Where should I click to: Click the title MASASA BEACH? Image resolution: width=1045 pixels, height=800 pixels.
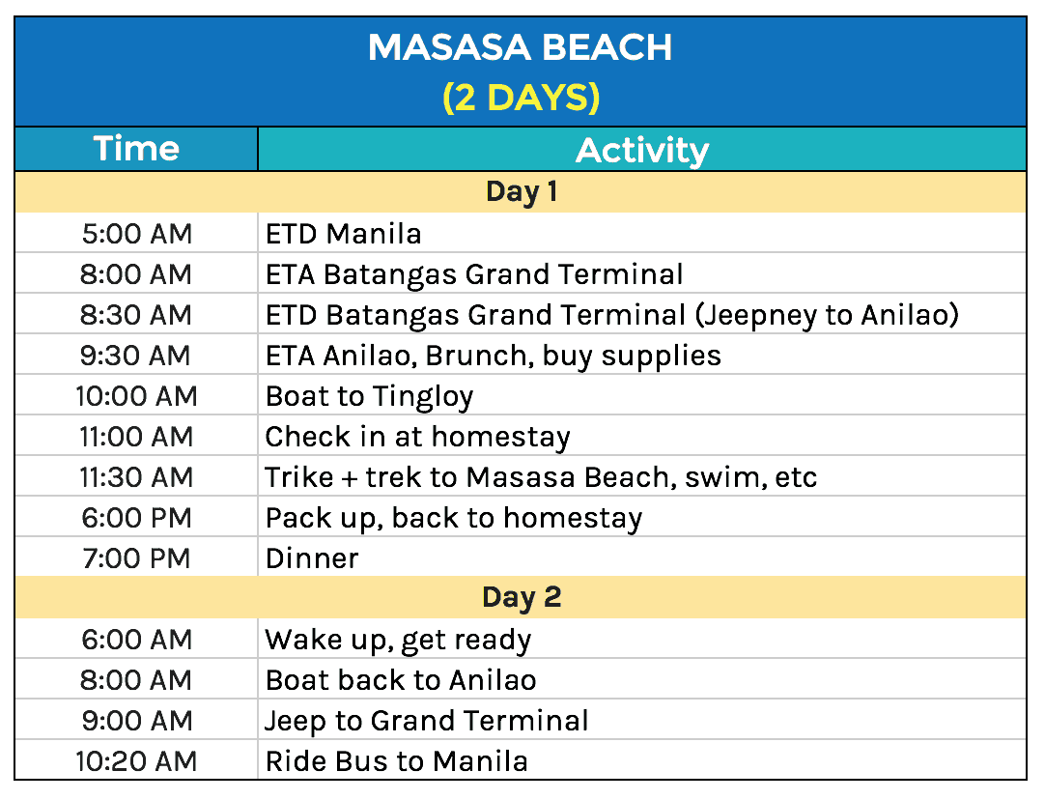521,48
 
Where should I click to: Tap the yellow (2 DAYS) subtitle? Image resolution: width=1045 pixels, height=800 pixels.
521,98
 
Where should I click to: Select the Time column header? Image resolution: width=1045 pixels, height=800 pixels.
136,149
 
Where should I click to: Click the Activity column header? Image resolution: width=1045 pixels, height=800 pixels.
642,151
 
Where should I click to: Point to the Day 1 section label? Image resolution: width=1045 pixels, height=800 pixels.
521,191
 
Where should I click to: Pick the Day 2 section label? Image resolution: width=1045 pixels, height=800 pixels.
521,597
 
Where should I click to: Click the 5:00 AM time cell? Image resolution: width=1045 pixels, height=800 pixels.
136,234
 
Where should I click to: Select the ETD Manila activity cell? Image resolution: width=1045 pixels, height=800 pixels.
344,234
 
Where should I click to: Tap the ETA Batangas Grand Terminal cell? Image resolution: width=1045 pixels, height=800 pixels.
474,274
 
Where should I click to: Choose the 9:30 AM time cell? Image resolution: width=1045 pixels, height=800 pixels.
136,356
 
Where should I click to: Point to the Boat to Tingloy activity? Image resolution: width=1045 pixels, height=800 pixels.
370,396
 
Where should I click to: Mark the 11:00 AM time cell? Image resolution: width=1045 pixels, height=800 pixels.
136,437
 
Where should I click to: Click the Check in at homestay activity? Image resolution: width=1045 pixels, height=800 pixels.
418,437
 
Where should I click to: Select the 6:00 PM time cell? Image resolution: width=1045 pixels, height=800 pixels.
136,518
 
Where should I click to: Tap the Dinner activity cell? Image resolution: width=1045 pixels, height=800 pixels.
312,558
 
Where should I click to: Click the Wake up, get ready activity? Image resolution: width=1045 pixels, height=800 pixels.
398,640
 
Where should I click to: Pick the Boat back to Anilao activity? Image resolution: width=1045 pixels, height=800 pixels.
401,680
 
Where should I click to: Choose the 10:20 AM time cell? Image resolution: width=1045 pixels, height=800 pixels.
136,761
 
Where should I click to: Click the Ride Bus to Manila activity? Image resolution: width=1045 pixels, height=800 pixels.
397,761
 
